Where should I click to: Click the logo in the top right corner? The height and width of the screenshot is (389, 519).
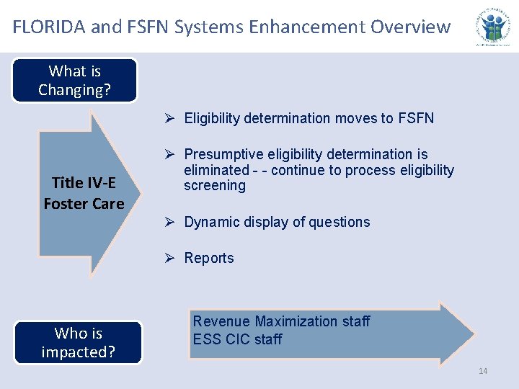point(495,27)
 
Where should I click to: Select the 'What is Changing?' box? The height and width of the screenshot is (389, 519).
point(75,81)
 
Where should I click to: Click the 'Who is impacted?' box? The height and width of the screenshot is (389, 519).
point(78,343)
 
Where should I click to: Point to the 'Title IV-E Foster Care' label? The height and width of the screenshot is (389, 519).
point(84,194)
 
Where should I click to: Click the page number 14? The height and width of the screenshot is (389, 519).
point(483,371)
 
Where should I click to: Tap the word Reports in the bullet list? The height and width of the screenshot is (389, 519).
point(209,258)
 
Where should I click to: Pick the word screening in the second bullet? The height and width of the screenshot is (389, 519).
point(215,185)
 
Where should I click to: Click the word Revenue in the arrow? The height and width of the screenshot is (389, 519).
point(221,321)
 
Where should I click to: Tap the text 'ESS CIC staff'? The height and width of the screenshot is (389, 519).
point(237,339)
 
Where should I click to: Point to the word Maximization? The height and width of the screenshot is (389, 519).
point(296,321)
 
